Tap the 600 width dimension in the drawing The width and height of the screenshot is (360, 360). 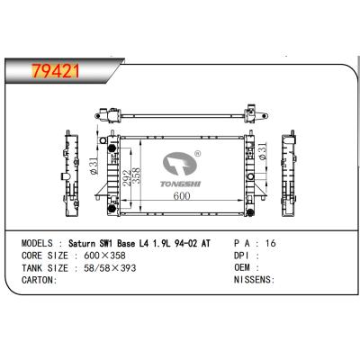pos(181,195)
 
